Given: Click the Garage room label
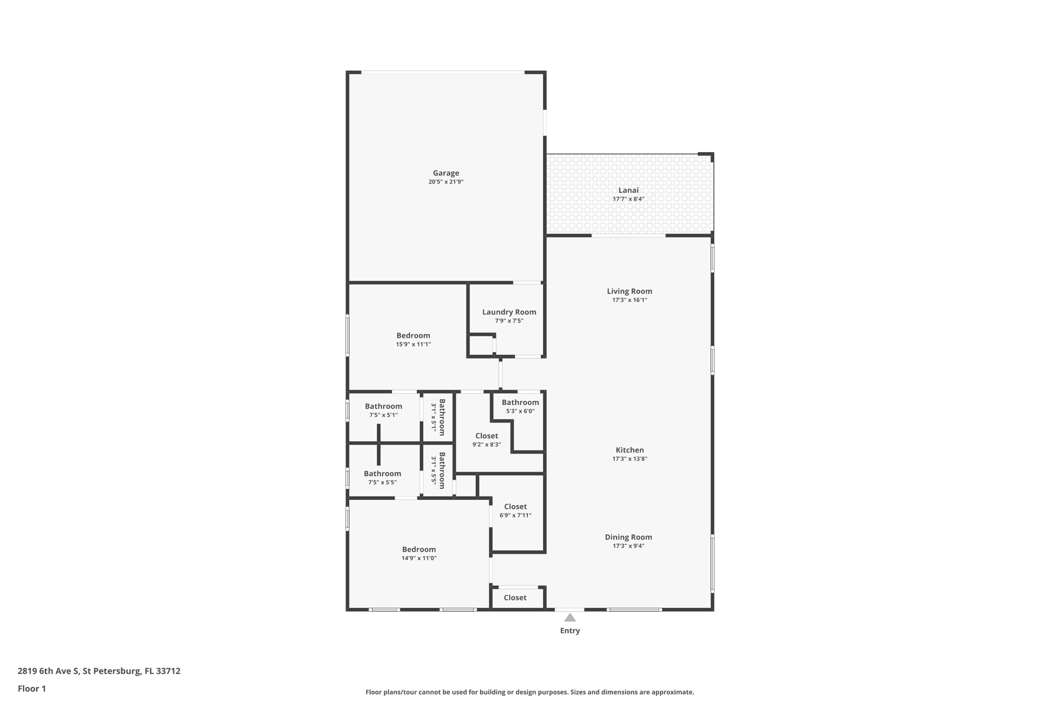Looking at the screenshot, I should point(446,173).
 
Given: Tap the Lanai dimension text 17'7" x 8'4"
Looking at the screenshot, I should point(628,199).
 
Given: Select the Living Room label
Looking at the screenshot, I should point(629,291).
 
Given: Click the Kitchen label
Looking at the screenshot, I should point(629,450).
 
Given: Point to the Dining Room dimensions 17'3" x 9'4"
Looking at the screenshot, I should point(628,546).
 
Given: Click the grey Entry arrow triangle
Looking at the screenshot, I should point(570,618).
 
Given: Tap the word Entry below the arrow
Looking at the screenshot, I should point(570,630).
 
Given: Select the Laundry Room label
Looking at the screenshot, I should point(509,312).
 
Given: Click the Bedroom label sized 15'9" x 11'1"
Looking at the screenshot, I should point(413,336).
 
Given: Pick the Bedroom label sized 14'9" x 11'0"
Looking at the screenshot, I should point(419,549).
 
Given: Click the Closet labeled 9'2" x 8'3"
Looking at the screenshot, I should point(487,436).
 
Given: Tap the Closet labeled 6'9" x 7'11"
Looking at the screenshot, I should point(515,507).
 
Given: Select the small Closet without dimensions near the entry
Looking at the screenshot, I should point(515,598).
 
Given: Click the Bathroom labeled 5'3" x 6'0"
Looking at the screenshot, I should point(520,402).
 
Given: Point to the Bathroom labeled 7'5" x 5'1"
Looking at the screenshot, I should point(383,407).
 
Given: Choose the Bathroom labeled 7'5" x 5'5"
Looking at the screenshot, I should point(382,474).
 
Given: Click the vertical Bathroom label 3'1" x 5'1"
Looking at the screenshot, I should point(441,417).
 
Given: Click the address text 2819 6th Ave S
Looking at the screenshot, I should point(49,671).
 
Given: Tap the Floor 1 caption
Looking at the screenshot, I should point(32,689).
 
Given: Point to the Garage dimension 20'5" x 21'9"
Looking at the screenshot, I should point(446,182).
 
